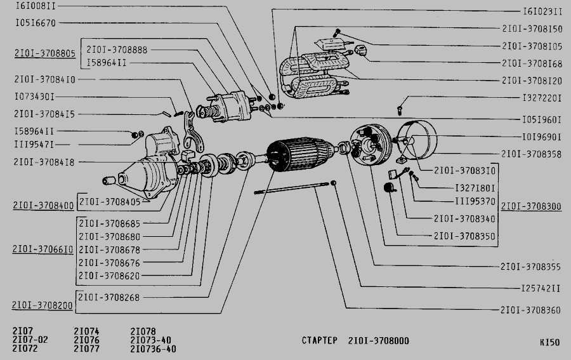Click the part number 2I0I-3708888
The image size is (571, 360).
pyautogui.click(x=117, y=50)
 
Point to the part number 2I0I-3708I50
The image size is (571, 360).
pyautogui.click(x=532, y=29)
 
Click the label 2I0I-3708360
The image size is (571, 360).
pyautogui.click(x=530, y=310)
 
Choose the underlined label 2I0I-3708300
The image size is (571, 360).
pyautogui.click(x=530, y=206)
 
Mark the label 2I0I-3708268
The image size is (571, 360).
pyautogui.click(x=109, y=297)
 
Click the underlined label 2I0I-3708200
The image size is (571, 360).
pyautogui.click(x=42, y=305)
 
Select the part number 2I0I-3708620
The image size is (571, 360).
pyautogui.click(x=109, y=276)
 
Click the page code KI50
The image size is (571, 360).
pyautogui.click(x=549, y=342)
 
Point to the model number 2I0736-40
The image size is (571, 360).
pyautogui.click(x=153, y=349)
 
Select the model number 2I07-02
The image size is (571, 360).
pyautogui.click(x=30, y=340)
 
